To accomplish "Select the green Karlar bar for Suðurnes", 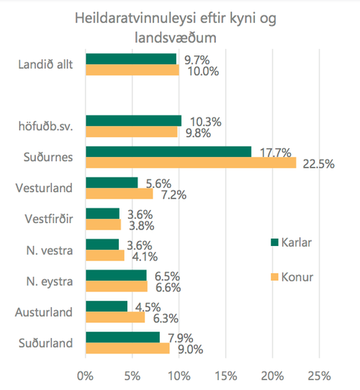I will pos(168,151).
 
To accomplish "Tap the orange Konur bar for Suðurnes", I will pos(191,163).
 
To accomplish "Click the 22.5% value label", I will pos(317,163).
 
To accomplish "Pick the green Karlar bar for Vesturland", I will pos(112,182).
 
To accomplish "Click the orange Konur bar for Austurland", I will pos(115,317).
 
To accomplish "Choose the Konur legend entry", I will pos(295,276).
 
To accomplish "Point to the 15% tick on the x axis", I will pos(226,376).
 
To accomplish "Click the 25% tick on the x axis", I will pos(320,376).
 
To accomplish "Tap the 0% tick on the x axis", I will pos(86,376).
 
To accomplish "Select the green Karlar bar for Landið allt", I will pos(131,59).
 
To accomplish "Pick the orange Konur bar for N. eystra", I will pos(117,286).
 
